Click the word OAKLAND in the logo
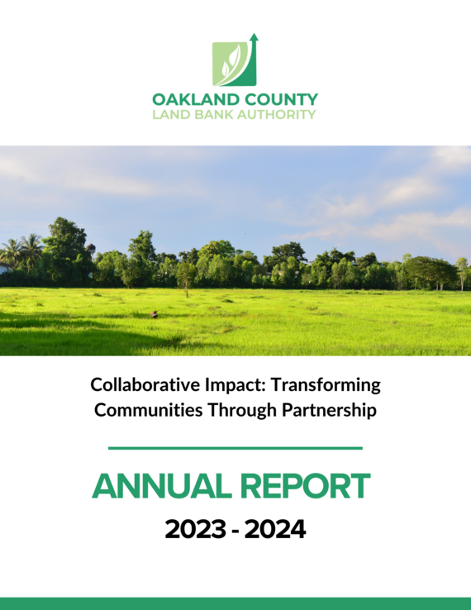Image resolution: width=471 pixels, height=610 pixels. [x=189, y=99]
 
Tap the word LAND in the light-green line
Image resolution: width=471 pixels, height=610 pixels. [x=169, y=114]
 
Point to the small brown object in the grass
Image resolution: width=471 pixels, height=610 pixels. [x=153, y=314]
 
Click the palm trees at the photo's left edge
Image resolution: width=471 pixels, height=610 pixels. [x=21, y=249]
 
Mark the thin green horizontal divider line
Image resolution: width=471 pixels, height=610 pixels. [x=235, y=448]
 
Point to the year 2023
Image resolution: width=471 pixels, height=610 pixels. [x=195, y=529]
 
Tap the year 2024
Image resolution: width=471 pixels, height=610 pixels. [x=274, y=529]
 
